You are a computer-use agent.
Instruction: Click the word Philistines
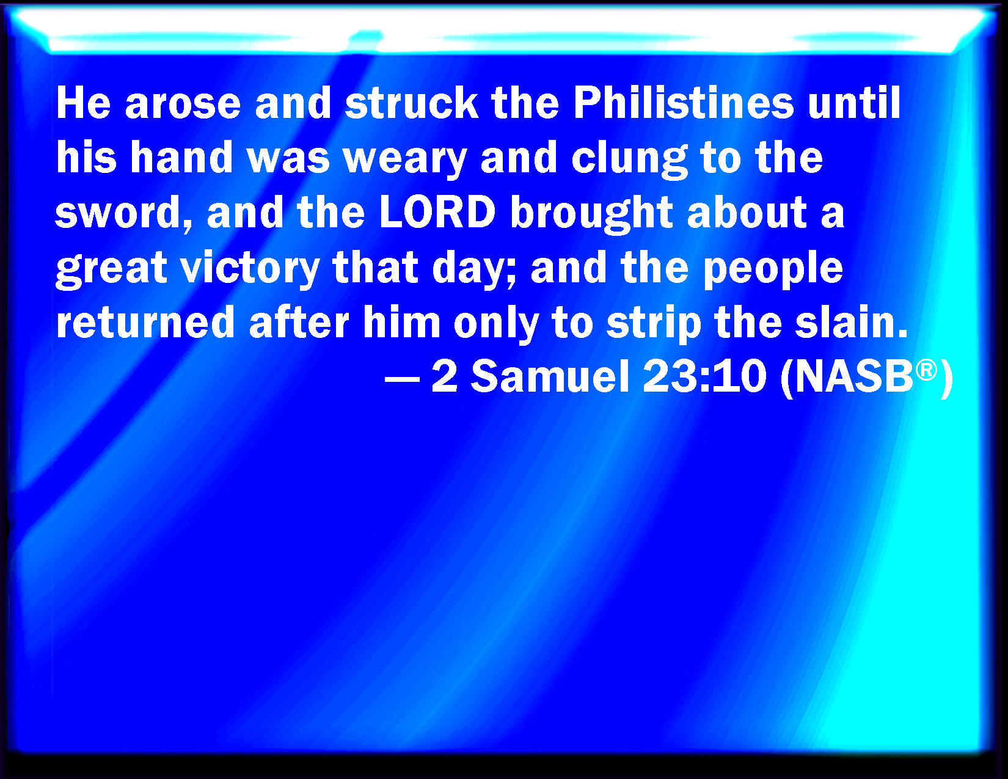[x=684, y=103]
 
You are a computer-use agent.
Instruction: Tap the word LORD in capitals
[x=437, y=212]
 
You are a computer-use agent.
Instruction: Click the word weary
[x=404, y=159]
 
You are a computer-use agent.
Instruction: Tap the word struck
[x=412, y=103]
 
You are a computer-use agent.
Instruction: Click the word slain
[x=851, y=322]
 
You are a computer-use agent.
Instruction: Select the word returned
[x=145, y=323]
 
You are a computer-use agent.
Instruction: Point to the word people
[x=773, y=269]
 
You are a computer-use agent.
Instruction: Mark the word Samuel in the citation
[x=550, y=376]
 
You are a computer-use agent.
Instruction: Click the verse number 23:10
[x=704, y=377]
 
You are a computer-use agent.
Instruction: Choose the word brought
[x=592, y=213]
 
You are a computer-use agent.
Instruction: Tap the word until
[x=854, y=103]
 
